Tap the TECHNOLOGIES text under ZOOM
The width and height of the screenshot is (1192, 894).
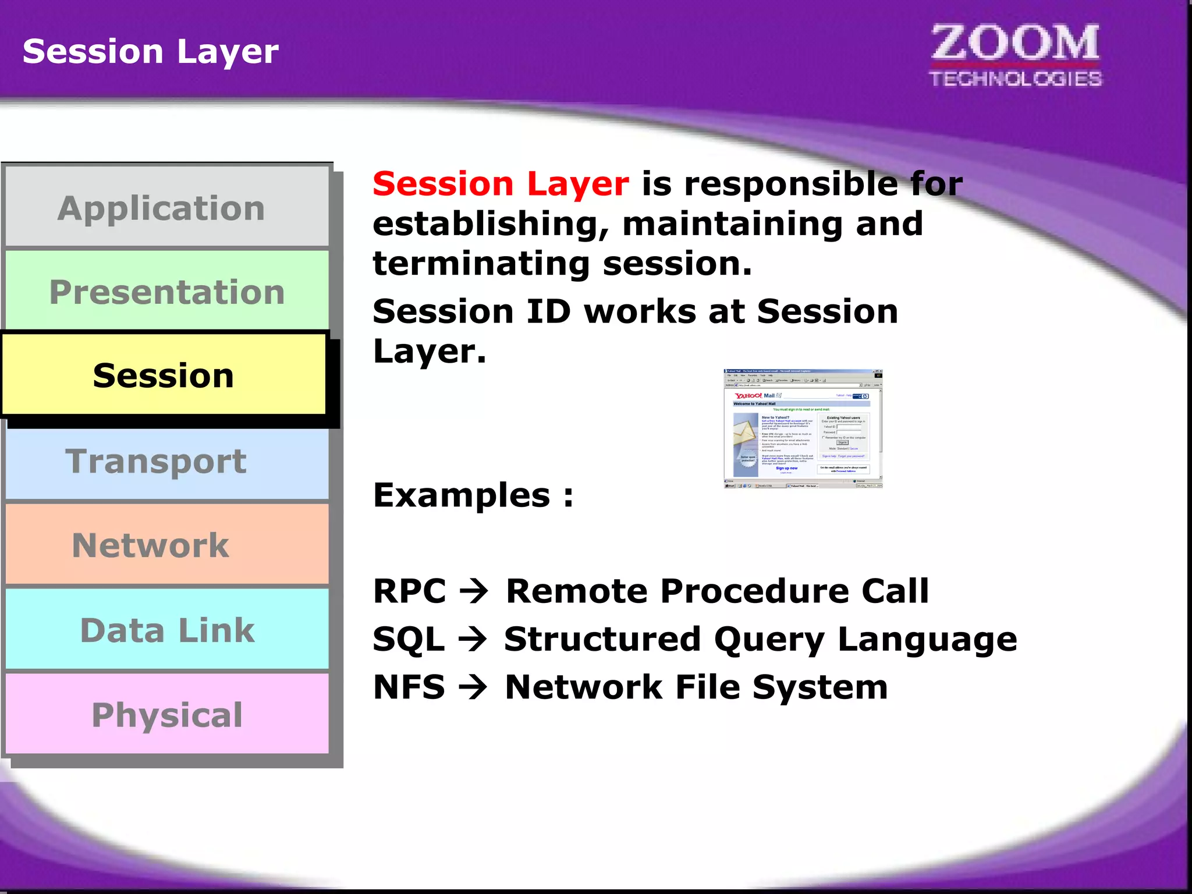point(1015,79)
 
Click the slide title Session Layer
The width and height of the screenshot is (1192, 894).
point(150,51)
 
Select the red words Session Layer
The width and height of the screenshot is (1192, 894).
point(501,184)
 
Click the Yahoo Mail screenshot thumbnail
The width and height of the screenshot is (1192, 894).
point(803,428)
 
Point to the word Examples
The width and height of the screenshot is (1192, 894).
point(462,495)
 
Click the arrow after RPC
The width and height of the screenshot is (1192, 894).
point(474,591)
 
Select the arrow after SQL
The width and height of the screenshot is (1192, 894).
point(473,639)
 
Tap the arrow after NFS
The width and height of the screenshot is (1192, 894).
point(473,687)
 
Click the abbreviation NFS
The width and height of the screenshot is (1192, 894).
point(409,687)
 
